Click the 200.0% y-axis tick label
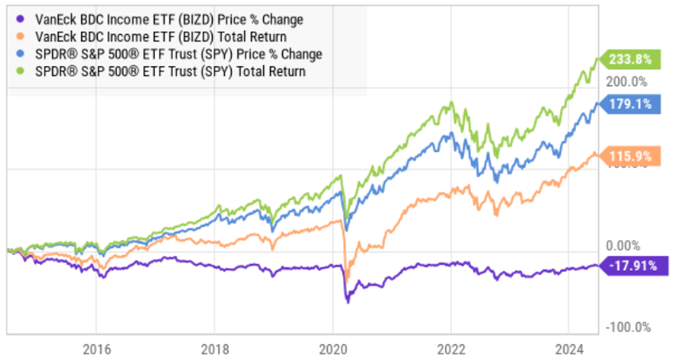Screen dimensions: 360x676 pos(628,82)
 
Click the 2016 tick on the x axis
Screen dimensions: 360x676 pos(95,349)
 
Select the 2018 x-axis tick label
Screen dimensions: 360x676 pos(214,349)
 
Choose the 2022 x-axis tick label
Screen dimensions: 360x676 pos(450,349)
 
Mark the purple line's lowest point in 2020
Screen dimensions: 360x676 pos(347,302)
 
